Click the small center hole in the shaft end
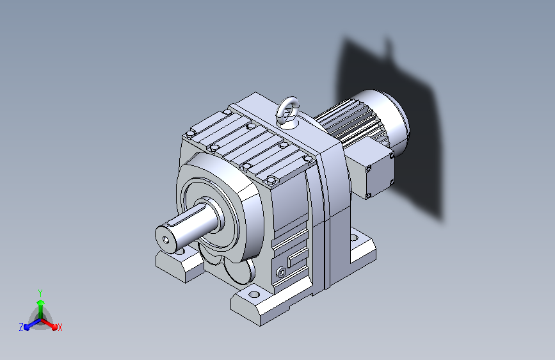coord(166,240)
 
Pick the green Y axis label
coord(40,293)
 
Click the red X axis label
coord(60,327)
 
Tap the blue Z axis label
coord(21,327)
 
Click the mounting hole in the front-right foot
coord(253,294)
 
